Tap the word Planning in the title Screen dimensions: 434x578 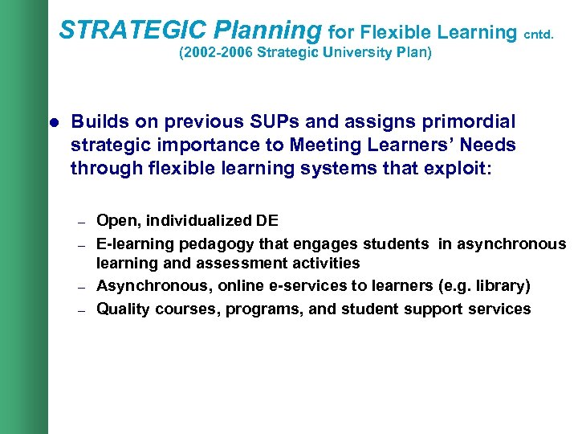click(267, 31)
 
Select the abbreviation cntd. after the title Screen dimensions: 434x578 click(539, 35)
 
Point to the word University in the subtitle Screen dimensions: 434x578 click(353, 55)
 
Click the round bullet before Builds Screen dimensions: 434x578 click(55, 123)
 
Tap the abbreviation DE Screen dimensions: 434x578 click(267, 221)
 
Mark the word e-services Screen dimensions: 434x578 click(293, 287)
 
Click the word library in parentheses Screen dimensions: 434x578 click(500, 287)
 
